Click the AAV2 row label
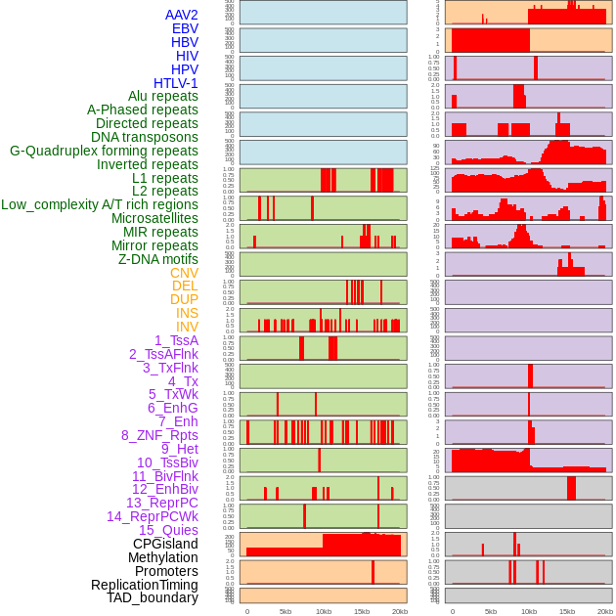click(x=181, y=15)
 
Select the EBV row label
click(x=185, y=28)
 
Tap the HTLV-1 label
click(x=176, y=83)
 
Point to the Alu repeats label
click(x=163, y=96)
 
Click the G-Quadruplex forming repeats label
click(x=104, y=151)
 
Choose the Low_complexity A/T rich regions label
click(x=100, y=204)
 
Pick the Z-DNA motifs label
click(x=158, y=259)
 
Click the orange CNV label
click(x=184, y=273)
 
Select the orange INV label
click(x=187, y=327)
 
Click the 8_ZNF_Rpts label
click(x=159, y=435)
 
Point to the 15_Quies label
click(x=168, y=530)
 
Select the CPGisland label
click(x=165, y=544)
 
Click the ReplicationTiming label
click(x=145, y=585)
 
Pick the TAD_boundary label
click(x=153, y=597)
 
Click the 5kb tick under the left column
click(x=286, y=611)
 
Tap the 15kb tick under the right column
click(x=567, y=611)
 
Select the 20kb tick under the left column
click(x=400, y=611)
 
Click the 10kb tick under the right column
click(x=529, y=611)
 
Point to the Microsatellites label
click(x=154, y=218)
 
